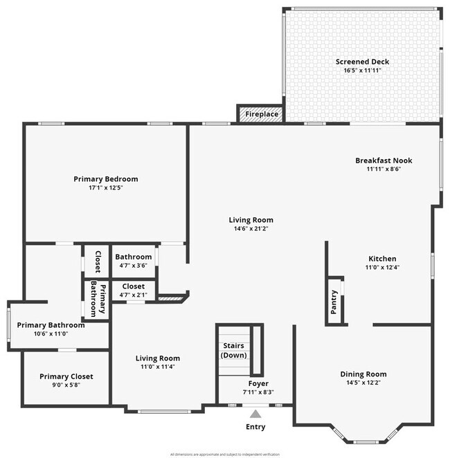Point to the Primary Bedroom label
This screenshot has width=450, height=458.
pos(106,178)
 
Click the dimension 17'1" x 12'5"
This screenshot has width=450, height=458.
pos(106,188)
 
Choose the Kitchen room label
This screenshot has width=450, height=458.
pos(381,257)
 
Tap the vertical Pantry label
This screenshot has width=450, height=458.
pos(334,302)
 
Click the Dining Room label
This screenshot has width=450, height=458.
pos(363,374)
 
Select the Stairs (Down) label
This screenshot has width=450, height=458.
pos(234,350)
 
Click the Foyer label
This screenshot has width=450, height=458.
pos(258,383)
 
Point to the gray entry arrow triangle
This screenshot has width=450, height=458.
pos(255,414)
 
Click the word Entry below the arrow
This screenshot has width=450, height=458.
pos(255,427)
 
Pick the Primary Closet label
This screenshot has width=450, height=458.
pos(66,376)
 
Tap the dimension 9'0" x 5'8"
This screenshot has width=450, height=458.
pos(66,386)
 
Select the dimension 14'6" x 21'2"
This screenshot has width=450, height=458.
pos(251,229)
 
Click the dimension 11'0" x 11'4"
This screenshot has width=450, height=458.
pos(157,367)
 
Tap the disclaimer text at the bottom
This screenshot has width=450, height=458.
pos(225,454)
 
